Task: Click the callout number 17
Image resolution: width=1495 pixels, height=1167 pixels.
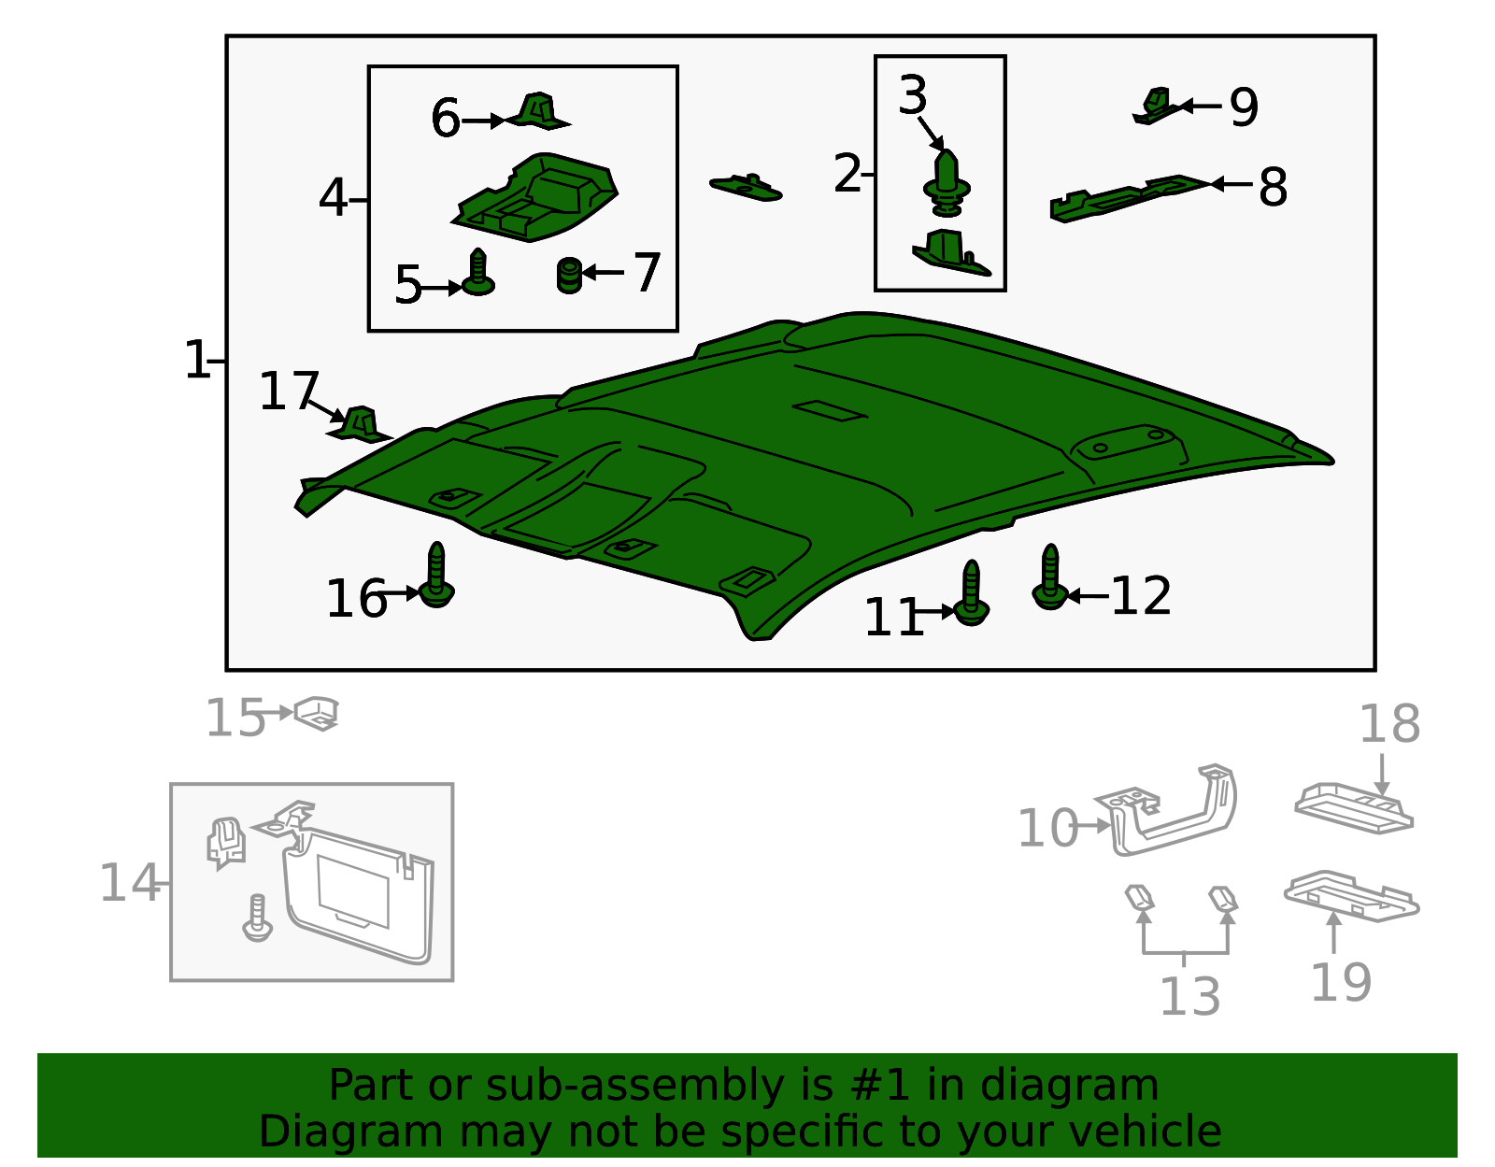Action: click(289, 391)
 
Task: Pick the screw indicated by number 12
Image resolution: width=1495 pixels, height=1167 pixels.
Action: click(1050, 577)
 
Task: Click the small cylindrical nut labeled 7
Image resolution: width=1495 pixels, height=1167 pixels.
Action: click(569, 276)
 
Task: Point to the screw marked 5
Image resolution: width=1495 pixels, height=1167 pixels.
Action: click(478, 272)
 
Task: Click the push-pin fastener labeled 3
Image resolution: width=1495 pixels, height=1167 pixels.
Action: click(947, 182)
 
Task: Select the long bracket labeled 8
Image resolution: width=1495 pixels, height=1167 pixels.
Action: click(1129, 199)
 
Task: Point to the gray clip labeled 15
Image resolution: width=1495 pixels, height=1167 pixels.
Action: click(317, 713)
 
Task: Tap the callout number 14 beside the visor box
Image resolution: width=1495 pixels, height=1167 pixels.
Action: click(130, 883)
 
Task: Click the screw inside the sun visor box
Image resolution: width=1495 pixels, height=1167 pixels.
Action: click(257, 918)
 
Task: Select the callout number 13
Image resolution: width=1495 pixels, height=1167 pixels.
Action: click(1190, 996)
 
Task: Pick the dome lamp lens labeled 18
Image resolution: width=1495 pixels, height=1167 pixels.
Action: click(1353, 808)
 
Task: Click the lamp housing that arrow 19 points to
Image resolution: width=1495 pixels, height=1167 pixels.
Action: click(1351, 896)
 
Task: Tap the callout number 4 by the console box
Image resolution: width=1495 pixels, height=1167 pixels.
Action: click(333, 198)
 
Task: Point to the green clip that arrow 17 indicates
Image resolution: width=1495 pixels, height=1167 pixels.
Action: click(361, 424)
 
